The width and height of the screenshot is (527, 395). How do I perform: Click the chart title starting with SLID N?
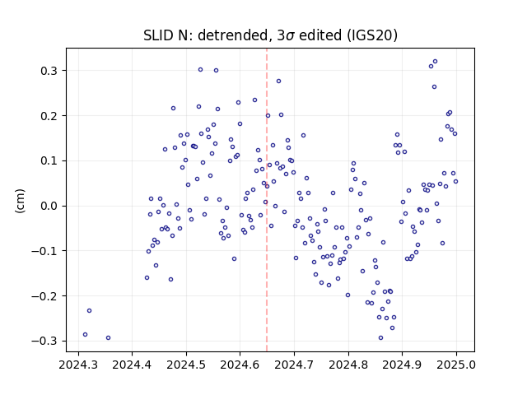tap(270, 35)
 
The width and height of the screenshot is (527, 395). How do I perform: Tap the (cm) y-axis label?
tap(20, 201)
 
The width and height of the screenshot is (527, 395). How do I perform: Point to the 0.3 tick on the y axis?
tap(49, 71)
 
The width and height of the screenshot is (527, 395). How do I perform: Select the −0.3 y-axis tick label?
tap(44, 341)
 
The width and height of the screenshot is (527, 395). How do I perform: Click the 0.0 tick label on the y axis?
tap(49, 206)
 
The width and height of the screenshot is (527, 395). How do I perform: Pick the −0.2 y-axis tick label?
tap(44, 296)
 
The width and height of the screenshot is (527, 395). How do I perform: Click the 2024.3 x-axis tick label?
tap(78, 365)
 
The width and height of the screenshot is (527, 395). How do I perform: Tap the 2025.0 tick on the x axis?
tap(456, 365)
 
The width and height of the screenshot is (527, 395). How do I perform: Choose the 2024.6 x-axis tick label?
tap(240, 365)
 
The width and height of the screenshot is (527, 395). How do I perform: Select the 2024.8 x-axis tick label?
tap(348, 365)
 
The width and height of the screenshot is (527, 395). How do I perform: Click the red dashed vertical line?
tap(267, 200)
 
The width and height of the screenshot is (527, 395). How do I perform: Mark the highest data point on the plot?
tap(435, 62)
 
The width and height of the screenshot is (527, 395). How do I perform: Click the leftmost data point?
tap(85, 335)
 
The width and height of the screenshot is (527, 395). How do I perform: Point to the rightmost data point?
tap(455, 181)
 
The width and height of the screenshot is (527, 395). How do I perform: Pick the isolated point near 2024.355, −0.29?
tap(108, 338)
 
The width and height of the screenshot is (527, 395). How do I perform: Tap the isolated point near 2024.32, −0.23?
tap(90, 311)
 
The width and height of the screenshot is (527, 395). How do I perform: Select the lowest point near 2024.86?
tap(380, 338)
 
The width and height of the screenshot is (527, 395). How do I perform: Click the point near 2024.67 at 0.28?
tap(278, 81)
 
